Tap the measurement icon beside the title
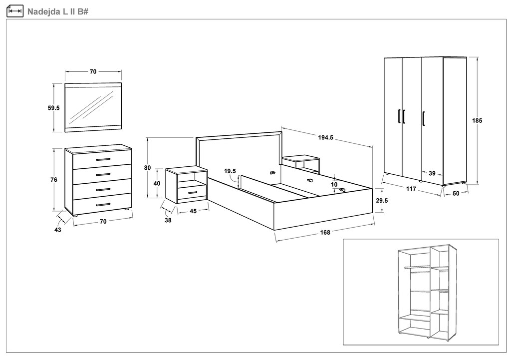coord(15,10)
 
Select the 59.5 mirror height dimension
coord(54,108)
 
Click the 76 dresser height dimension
coord(54,180)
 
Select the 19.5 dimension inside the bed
coord(230,171)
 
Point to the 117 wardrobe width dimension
coord(411,189)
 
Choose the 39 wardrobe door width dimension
coord(432,174)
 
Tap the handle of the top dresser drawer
coord(103,159)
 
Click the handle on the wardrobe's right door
coord(423,119)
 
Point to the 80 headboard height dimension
coord(147,168)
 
